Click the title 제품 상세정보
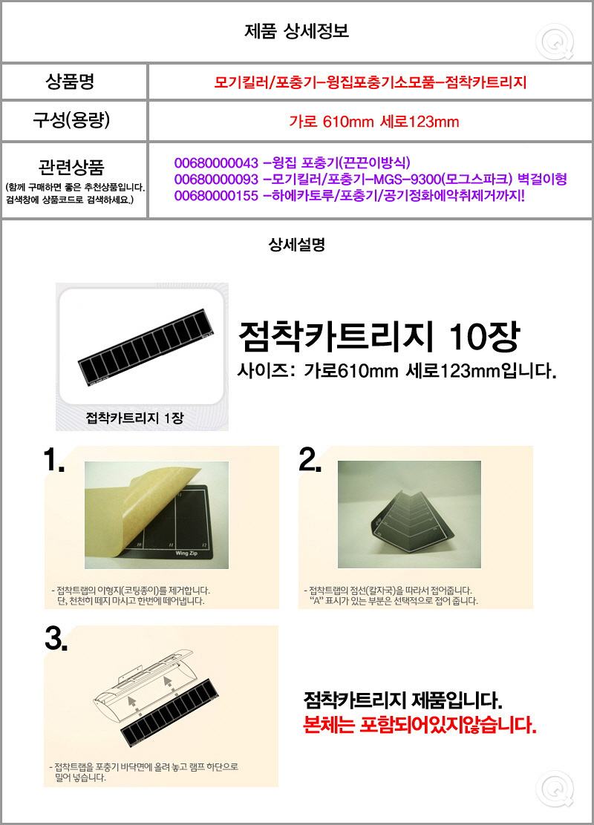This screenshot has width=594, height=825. [296, 31]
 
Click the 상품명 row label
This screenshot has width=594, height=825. [70, 82]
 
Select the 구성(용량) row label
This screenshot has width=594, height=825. [71, 120]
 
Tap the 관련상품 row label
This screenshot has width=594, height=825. [71, 168]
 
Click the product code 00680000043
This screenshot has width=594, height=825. [216, 162]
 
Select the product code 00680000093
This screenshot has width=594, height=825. [216, 180]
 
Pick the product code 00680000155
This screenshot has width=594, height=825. [216, 197]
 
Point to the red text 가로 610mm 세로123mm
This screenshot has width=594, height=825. [374, 122]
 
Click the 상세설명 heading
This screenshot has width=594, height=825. [296, 244]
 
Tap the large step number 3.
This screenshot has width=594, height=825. [56, 639]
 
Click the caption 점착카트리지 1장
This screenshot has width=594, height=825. [135, 418]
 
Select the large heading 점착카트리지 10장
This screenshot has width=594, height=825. [379, 337]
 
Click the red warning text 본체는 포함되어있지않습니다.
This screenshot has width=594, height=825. [420, 725]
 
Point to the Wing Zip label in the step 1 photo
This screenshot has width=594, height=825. [186, 553]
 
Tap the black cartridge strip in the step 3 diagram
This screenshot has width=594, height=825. [169, 711]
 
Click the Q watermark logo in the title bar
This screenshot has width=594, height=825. [555, 42]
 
